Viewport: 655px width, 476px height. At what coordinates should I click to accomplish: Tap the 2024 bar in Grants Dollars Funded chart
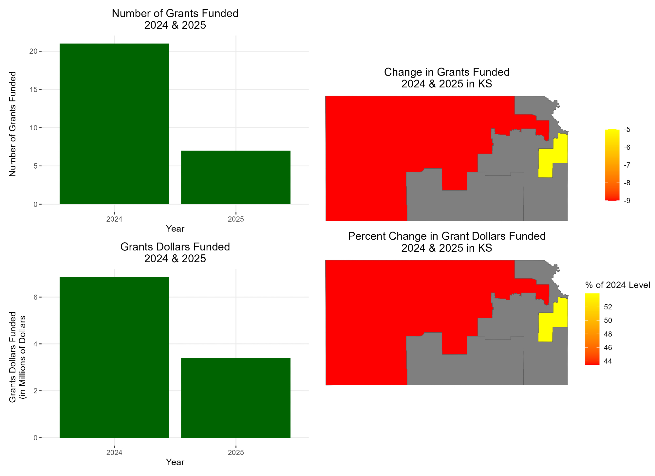tap(114, 357)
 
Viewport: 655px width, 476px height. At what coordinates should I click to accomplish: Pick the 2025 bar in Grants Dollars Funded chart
tap(236, 398)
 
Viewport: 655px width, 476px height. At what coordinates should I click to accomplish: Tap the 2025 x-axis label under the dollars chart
tap(236, 453)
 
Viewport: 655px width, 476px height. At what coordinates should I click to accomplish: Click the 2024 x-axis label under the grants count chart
tap(114, 219)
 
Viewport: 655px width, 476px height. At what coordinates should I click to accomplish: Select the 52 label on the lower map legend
tap(608, 307)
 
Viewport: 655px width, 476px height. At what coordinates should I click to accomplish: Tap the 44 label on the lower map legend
tap(608, 361)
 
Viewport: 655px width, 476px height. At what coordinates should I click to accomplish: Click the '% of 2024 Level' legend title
tap(617, 285)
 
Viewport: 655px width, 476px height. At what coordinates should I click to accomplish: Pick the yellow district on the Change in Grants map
tap(553, 157)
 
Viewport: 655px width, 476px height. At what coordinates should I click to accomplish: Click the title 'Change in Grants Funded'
tap(447, 72)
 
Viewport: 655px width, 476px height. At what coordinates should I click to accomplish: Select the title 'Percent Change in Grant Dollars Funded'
tap(447, 236)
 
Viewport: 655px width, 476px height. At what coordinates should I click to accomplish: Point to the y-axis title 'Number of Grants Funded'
tap(13, 124)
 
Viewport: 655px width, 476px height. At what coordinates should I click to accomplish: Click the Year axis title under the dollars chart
tap(175, 462)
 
